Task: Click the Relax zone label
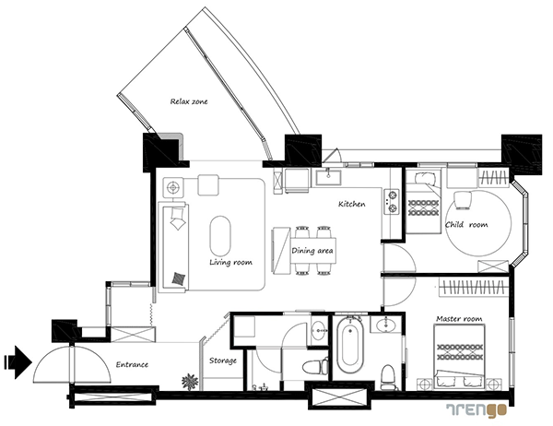click(189, 101)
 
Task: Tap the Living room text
click(230, 262)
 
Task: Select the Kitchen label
click(352, 204)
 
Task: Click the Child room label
click(466, 224)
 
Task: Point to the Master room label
click(459, 319)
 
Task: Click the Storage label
click(222, 361)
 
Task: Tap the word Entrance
click(132, 364)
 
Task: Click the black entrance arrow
click(18, 362)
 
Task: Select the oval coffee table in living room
click(220, 236)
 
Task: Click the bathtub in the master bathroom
click(349, 346)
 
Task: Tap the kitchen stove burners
click(392, 202)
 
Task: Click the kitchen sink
click(328, 177)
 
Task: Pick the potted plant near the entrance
click(190, 382)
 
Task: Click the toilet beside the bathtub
click(388, 377)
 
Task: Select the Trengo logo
click(477, 410)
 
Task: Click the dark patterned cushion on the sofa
click(179, 278)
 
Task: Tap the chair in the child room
click(463, 200)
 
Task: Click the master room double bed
click(459, 357)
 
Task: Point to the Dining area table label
click(312, 251)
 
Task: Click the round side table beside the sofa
click(173, 187)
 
